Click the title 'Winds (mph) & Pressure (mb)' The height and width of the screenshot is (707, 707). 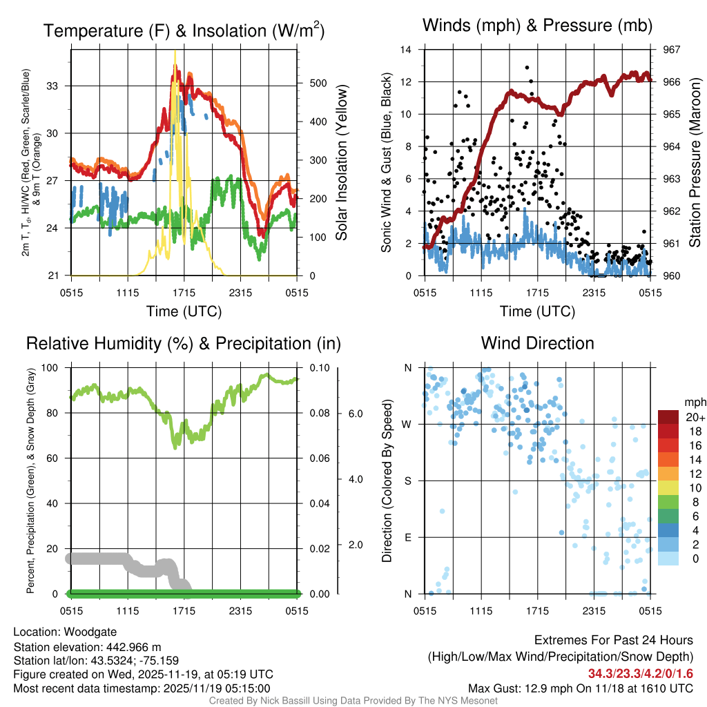(x=537, y=26)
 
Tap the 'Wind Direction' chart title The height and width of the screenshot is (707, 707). (x=537, y=343)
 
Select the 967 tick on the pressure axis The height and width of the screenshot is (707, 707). (x=672, y=50)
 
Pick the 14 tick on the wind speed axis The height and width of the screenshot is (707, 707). (x=407, y=50)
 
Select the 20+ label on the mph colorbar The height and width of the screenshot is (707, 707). (x=695, y=418)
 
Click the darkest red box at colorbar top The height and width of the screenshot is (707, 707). (x=669, y=416)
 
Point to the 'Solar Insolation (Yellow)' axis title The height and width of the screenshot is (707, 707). (x=342, y=163)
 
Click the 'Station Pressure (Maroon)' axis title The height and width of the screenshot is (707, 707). (x=695, y=163)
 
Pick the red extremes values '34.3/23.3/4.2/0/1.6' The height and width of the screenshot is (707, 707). (x=641, y=674)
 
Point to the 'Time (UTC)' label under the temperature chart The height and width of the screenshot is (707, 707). (x=184, y=311)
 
